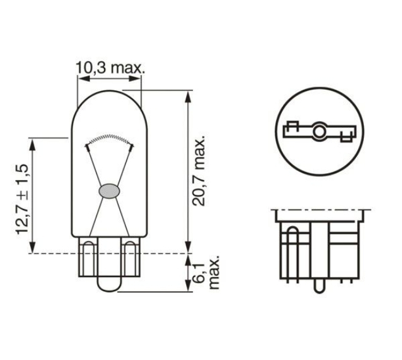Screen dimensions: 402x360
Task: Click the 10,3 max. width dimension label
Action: (x=110, y=68)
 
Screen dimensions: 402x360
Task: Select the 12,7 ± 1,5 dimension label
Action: (x=23, y=199)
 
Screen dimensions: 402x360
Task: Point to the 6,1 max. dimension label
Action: (x=207, y=272)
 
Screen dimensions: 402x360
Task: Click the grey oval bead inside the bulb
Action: (x=109, y=191)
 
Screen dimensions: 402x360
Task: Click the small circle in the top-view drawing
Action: (x=319, y=131)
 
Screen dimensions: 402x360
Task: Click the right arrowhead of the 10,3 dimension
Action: (x=135, y=79)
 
